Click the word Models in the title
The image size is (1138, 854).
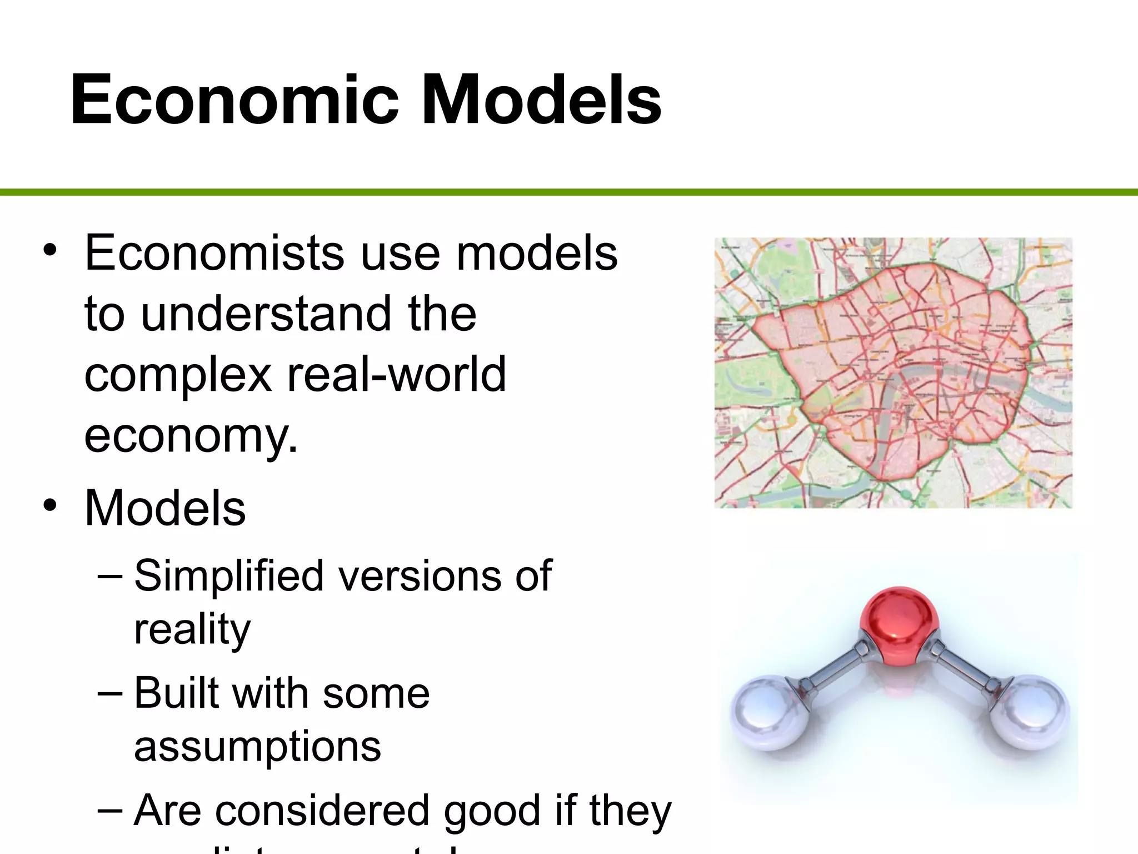tap(542, 100)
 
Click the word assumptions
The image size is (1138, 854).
tap(257, 747)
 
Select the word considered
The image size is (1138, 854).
tap(323, 811)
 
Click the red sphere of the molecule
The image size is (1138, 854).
tap(899, 625)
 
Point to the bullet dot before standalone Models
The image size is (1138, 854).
tap(50, 505)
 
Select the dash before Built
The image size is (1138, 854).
tap(109, 693)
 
